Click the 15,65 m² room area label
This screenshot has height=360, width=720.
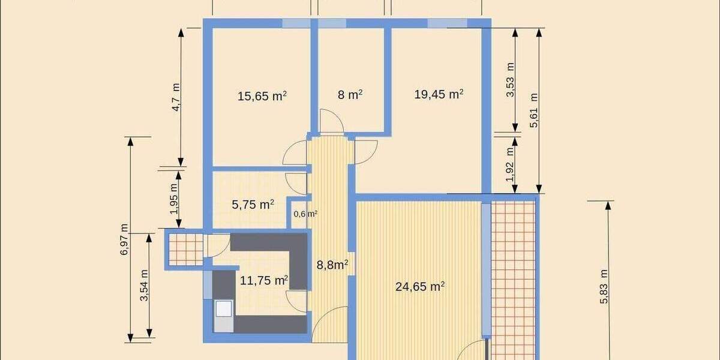point(262,95)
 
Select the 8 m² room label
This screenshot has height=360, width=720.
point(350,95)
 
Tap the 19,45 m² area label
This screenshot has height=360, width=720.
point(439,94)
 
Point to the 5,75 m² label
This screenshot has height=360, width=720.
point(253,205)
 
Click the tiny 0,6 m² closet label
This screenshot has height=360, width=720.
point(305,214)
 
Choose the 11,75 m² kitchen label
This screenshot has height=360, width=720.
point(263,280)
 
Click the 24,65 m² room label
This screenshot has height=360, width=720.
point(419,287)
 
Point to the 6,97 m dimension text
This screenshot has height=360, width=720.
point(124,239)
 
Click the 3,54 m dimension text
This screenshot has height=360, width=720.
point(144,286)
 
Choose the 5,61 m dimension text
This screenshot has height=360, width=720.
point(534,110)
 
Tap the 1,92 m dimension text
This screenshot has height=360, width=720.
point(511,165)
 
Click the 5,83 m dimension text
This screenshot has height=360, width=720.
point(604,287)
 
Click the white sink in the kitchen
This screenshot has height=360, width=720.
point(224,308)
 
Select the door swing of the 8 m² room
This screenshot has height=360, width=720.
point(331,122)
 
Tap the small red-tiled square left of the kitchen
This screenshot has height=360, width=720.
point(185,249)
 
